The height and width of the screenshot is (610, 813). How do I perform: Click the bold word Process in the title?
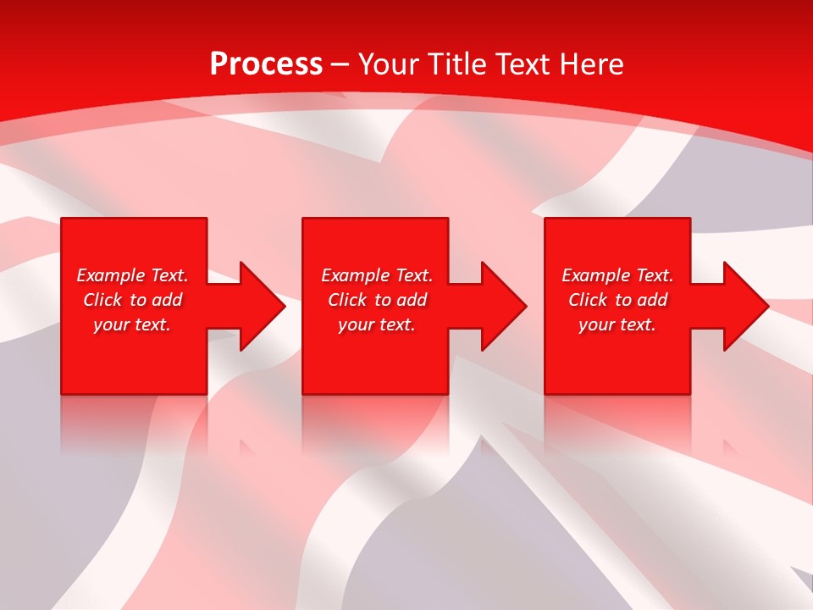pyautogui.click(x=266, y=64)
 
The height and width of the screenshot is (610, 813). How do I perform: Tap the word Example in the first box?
pyautogui.click(x=111, y=275)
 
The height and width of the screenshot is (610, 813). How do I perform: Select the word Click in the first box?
pyautogui.click(x=102, y=300)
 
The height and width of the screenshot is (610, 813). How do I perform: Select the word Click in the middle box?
pyautogui.click(x=347, y=300)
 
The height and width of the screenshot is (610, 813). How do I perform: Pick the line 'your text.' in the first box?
pyautogui.click(x=132, y=324)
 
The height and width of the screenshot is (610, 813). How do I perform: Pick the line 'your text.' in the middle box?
pyautogui.click(x=377, y=324)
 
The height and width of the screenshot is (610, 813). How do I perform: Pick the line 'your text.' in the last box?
pyautogui.click(x=617, y=324)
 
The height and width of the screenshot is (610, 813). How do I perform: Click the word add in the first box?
pyautogui.click(x=167, y=300)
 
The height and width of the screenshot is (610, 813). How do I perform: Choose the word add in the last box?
pyautogui.click(x=652, y=300)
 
